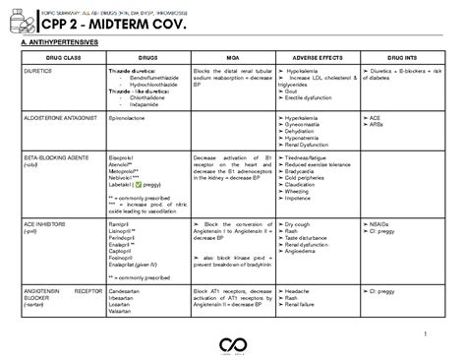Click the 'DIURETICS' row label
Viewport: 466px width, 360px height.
(37, 72)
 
